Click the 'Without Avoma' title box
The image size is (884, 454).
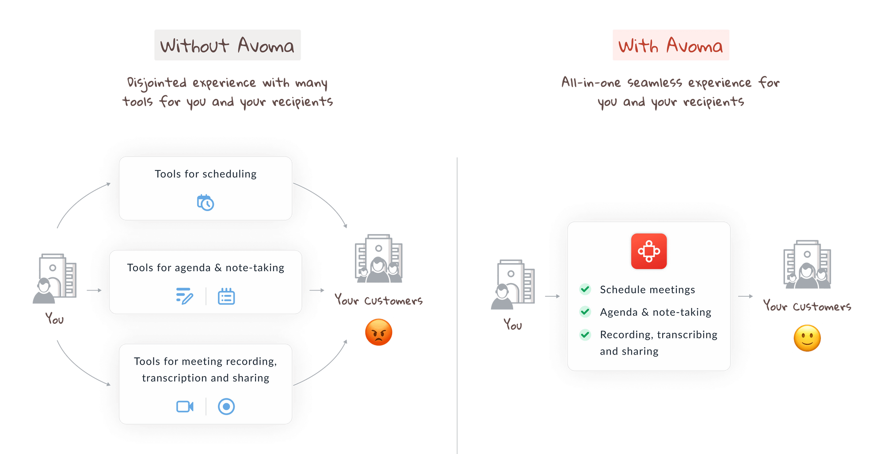(x=227, y=45)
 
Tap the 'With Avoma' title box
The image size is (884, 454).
(x=671, y=45)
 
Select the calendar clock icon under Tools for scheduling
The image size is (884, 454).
(x=206, y=203)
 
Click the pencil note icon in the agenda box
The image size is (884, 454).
(x=184, y=296)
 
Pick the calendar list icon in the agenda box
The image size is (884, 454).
(x=226, y=296)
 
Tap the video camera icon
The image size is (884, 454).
(x=185, y=406)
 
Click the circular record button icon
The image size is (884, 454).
(x=226, y=406)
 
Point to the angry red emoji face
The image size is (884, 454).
(x=379, y=332)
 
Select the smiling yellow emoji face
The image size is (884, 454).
(x=807, y=338)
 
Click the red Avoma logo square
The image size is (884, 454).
(x=649, y=251)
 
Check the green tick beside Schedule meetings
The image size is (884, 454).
(x=585, y=289)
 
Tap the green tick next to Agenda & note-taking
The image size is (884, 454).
(x=585, y=312)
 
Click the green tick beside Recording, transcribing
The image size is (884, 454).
(x=585, y=334)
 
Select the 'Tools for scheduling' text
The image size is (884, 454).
(x=206, y=174)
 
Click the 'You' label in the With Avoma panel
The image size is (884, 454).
(x=513, y=325)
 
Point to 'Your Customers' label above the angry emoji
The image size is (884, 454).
(x=378, y=301)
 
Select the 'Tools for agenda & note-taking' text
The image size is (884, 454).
(x=206, y=268)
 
